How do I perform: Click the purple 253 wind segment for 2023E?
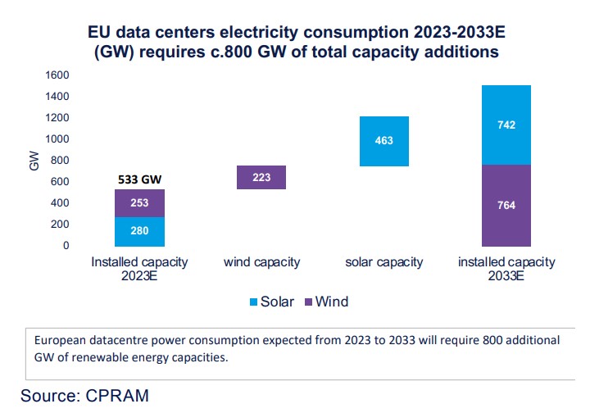[x=139, y=203]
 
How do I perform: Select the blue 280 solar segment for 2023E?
[x=139, y=231]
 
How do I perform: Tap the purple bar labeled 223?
[x=261, y=177]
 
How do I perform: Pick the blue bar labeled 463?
[x=383, y=141]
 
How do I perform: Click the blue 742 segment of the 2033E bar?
[x=506, y=125]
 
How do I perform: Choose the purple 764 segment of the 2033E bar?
[x=506, y=205]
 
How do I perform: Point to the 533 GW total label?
[x=139, y=179]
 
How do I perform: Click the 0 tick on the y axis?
[x=66, y=246]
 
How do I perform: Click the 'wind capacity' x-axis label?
[x=261, y=263]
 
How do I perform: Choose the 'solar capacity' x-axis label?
[x=383, y=263]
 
